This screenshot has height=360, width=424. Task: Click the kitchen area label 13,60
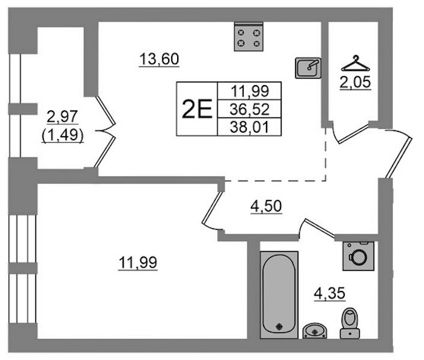(159, 59)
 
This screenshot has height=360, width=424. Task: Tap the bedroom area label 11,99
(138, 262)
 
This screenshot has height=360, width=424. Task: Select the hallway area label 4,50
(267, 206)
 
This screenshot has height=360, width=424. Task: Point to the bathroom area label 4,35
(330, 293)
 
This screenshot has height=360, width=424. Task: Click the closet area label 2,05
(356, 82)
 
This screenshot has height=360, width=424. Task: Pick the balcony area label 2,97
(62, 116)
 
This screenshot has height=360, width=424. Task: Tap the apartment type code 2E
(197, 109)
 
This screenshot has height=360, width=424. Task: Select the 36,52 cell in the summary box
(250, 109)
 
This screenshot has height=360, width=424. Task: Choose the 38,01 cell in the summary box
(250, 127)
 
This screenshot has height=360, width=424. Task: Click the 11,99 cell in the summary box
(250, 91)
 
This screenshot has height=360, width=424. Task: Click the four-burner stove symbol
(249, 37)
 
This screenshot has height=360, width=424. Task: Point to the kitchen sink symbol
(308, 68)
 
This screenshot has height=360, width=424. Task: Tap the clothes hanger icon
(356, 64)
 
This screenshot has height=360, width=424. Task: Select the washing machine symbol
(359, 256)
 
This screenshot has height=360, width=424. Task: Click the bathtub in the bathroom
(279, 295)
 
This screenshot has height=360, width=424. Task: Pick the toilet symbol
(350, 323)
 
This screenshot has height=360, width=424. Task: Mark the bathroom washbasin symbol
(315, 331)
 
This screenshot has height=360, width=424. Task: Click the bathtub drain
(279, 326)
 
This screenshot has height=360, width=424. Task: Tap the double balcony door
(105, 131)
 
